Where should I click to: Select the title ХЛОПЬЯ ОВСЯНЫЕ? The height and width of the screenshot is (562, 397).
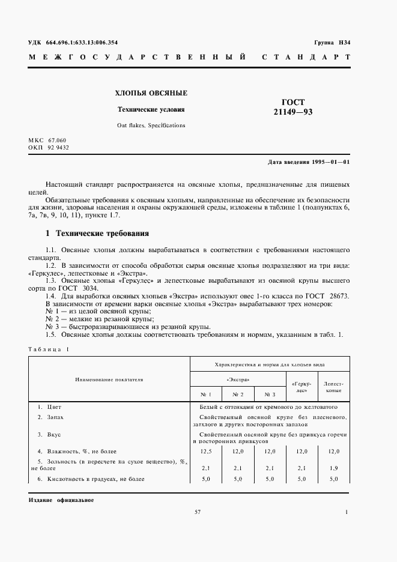[151, 93]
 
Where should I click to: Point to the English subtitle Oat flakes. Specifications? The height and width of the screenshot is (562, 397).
[151, 125]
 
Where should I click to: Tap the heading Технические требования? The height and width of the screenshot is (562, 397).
[102, 233]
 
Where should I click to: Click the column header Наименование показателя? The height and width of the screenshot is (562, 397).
[109, 379]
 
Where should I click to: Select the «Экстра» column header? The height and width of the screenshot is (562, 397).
[238, 380]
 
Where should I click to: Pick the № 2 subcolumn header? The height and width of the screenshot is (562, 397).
[238, 394]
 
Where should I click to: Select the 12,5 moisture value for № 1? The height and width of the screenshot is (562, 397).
[206, 451]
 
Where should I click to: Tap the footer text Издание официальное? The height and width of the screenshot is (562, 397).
[61, 500]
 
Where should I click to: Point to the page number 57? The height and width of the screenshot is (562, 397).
[198, 512]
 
